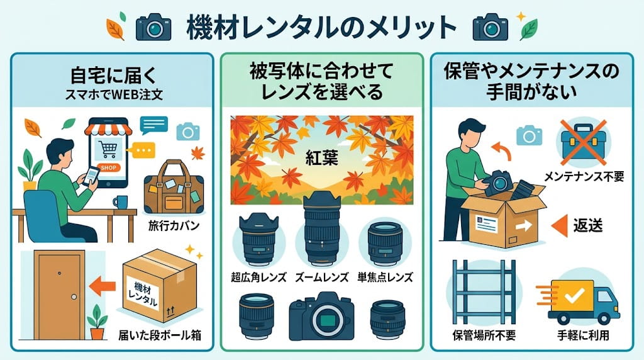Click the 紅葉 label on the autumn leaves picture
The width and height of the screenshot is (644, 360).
[x=321, y=158]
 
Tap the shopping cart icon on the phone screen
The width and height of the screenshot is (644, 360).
[x=107, y=149]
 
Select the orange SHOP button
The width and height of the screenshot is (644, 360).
[x=108, y=167]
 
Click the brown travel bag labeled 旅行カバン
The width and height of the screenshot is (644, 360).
[x=174, y=188]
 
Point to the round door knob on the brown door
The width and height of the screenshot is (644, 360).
[x=74, y=296]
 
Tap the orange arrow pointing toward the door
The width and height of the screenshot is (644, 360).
[x=103, y=286]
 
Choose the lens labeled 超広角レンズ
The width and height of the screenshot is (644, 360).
[x=258, y=239]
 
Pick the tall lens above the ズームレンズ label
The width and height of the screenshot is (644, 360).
[x=322, y=228]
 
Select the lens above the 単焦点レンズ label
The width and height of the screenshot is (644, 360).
[x=385, y=244]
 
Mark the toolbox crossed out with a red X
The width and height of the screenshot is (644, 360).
[x=583, y=142]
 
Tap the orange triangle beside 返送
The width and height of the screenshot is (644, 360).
[x=559, y=225]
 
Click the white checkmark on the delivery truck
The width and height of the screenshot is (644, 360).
[x=574, y=295]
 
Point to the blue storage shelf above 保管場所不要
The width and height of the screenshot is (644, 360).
[x=484, y=292]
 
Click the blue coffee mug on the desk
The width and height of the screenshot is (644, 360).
[x=120, y=202]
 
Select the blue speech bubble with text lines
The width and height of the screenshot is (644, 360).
[x=153, y=125]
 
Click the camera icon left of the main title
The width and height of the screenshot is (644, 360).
[x=153, y=27]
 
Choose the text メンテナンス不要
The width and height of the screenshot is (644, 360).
[x=584, y=177]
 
